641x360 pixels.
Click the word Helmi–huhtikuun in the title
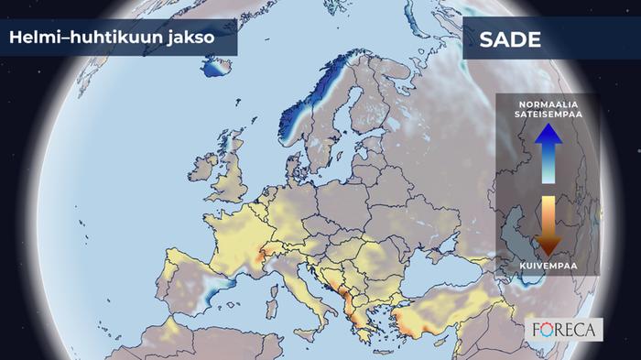(80, 38)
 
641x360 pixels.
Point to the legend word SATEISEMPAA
(548, 116)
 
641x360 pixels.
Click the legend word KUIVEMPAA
(547, 267)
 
